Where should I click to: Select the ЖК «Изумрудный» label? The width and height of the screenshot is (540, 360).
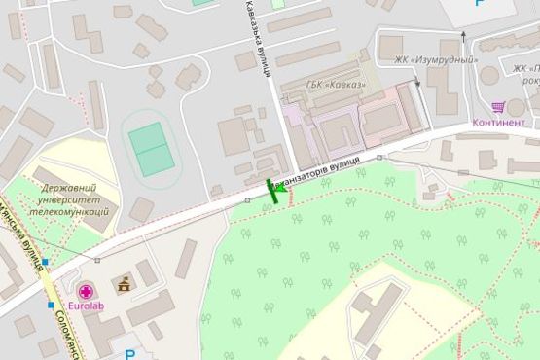click(435, 58)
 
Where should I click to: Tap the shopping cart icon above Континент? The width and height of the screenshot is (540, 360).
click(498, 107)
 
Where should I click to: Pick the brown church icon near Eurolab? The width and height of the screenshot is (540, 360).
click(124, 285)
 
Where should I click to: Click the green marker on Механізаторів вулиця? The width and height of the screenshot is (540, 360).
click(273, 191)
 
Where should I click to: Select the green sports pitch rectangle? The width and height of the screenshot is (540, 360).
click(150, 148)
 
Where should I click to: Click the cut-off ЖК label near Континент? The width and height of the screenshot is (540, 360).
click(525, 69)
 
